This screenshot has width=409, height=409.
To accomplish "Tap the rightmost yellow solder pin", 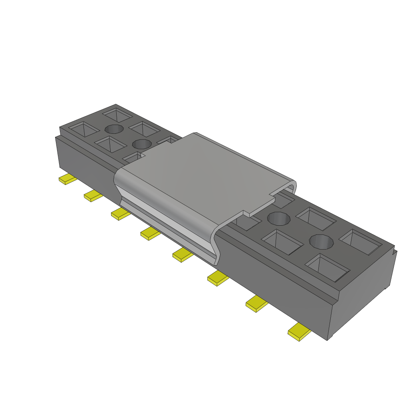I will point(300,332).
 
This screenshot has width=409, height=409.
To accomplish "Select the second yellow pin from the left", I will point(93,195).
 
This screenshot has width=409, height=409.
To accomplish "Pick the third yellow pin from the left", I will point(121,214).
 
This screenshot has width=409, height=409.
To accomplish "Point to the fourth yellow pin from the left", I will point(150,233).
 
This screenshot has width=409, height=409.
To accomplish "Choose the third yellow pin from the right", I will point(218,278).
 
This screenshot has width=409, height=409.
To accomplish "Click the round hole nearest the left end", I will point(114,129).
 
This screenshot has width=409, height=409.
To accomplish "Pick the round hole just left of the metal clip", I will point(141,144).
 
